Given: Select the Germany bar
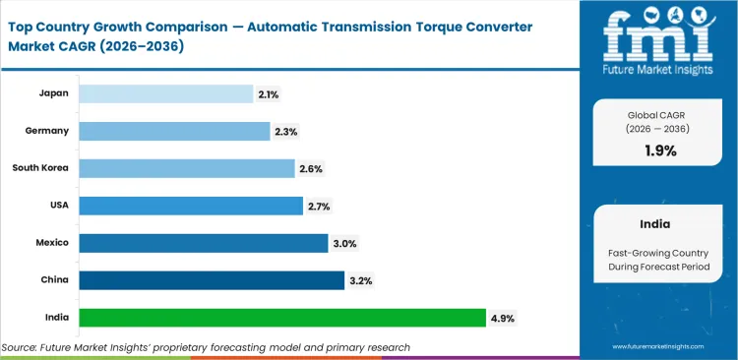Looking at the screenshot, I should [174, 131].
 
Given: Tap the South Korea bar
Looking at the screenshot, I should [187, 168].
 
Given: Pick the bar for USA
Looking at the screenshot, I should [191, 206].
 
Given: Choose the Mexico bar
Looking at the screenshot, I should [204, 243].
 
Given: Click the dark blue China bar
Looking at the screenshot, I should [212, 280].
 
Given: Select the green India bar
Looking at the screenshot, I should [282, 318].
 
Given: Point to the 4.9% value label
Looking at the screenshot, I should [503, 318].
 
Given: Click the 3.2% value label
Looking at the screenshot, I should [360, 280].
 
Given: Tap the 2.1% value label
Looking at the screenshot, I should [269, 93].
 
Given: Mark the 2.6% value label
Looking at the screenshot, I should [311, 168].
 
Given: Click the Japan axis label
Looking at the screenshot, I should [53, 93].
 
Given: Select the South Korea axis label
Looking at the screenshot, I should [39, 168].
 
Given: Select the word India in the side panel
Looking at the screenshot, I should [656, 223].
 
